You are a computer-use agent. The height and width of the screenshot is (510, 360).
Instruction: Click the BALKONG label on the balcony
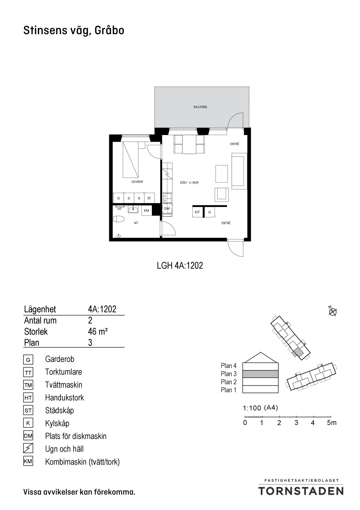coord(200,107)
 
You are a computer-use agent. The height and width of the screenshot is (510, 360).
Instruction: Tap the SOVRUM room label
coord(137,182)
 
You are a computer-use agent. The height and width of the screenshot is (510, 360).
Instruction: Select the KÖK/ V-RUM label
coord(189,183)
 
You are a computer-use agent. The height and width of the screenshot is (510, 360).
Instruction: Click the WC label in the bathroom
coord(136,223)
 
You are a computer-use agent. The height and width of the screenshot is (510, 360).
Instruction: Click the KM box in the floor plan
coord(146,211)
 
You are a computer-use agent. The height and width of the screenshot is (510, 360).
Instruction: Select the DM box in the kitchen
coord(167,209)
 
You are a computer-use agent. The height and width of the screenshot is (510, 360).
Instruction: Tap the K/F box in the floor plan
coord(197,212)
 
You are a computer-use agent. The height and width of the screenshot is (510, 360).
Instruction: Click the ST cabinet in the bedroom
coord(149,198)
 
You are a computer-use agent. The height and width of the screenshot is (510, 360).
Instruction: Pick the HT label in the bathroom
coord(119,209)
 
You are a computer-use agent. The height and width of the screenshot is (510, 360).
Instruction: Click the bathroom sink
coord(133,210)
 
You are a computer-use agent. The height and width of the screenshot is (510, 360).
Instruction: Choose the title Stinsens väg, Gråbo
coord(74,31)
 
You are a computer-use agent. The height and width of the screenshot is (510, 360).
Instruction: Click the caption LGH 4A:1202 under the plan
coord(180,266)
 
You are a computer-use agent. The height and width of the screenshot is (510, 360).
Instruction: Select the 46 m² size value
coord(98,331)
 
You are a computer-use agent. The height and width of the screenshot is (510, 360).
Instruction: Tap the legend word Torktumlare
coord(63,372)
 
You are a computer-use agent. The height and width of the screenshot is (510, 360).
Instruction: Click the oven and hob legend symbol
coord(28,449)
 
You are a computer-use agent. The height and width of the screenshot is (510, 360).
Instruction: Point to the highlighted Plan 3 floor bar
coord(260,374)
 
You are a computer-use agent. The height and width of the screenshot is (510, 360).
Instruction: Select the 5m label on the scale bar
coord(332,423)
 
